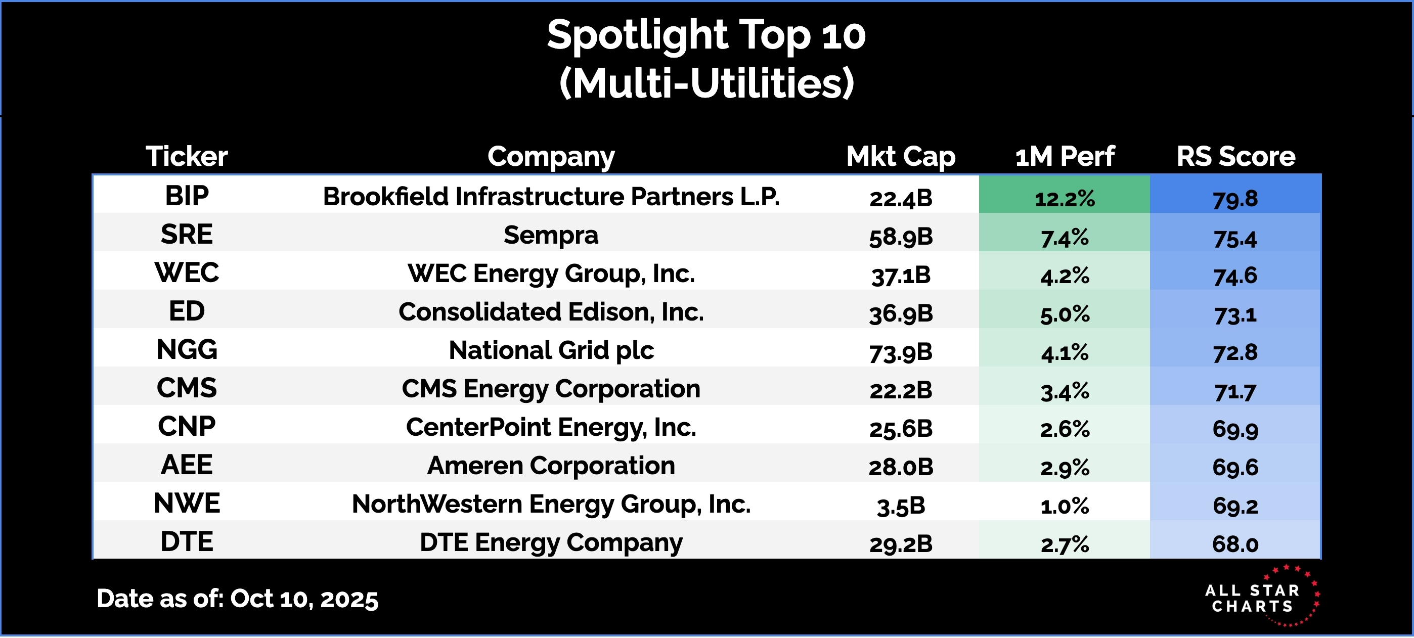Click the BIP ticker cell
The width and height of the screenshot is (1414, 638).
click(x=187, y=196)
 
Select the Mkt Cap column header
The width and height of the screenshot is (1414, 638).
click(x=901, y=157)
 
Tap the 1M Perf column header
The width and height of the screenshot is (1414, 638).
click(x=1065, y=157)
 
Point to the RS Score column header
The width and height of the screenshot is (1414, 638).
click(x=1235, y=157)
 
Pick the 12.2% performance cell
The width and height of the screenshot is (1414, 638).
click(x=1065, y=198)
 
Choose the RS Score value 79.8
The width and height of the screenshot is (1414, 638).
click(x=1235, y=198)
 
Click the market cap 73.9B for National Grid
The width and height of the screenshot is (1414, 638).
click(x=901, y=352)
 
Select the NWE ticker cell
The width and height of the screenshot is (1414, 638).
click(x=187, y=504)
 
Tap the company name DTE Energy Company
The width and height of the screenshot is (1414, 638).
click(x=551, y=542)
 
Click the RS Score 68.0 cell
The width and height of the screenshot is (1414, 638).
click(x=1235, y=544)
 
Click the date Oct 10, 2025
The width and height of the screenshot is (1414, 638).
click(x=304, y=599)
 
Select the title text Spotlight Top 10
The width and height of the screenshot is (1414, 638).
click(x=706, y=35)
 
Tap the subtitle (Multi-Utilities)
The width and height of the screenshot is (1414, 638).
click(x=706, y=83)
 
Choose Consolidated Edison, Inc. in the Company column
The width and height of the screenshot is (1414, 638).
click(x=551, y=312)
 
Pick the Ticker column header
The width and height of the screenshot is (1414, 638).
click(x=187, y=157)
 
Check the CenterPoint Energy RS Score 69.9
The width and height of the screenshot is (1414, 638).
click(x=1235, y=428)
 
